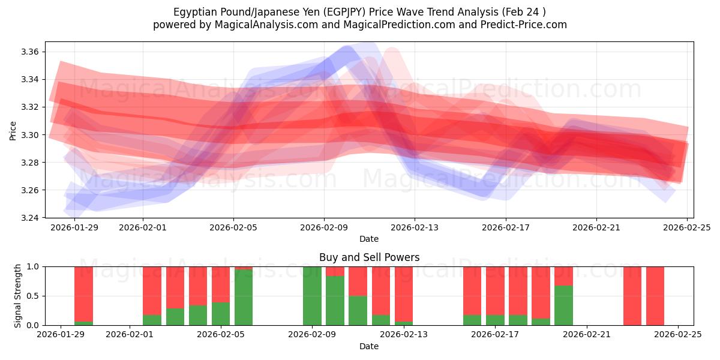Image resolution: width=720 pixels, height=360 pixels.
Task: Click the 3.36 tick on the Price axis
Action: (30, 52)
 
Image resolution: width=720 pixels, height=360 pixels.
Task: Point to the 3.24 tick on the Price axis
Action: (30, 218)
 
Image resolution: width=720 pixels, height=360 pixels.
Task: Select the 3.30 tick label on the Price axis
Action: (30, 135)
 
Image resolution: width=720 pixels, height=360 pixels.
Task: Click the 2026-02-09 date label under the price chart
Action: (324, 228)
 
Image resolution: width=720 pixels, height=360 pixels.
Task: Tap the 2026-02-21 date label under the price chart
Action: (596, 228)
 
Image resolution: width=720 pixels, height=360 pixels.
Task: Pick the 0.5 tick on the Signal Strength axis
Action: (34, 296)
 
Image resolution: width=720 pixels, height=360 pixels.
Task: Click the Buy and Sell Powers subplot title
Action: (369, 257)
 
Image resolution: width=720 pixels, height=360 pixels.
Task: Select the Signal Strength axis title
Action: (18, 296)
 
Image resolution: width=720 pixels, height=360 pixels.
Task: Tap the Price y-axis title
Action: (13, 130)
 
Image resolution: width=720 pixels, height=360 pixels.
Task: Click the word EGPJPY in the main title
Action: (329, 12)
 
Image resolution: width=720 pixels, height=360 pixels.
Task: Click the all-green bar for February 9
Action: (312, 296)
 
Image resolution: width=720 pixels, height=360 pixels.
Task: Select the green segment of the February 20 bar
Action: (563, 305)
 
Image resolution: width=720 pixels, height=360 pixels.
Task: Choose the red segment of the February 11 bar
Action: (358, 281)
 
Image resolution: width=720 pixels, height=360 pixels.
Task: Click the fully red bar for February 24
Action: (655, 296)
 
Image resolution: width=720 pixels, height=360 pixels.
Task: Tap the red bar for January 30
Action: (83, 293)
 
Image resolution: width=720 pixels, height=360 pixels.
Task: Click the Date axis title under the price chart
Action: (369, 239)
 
